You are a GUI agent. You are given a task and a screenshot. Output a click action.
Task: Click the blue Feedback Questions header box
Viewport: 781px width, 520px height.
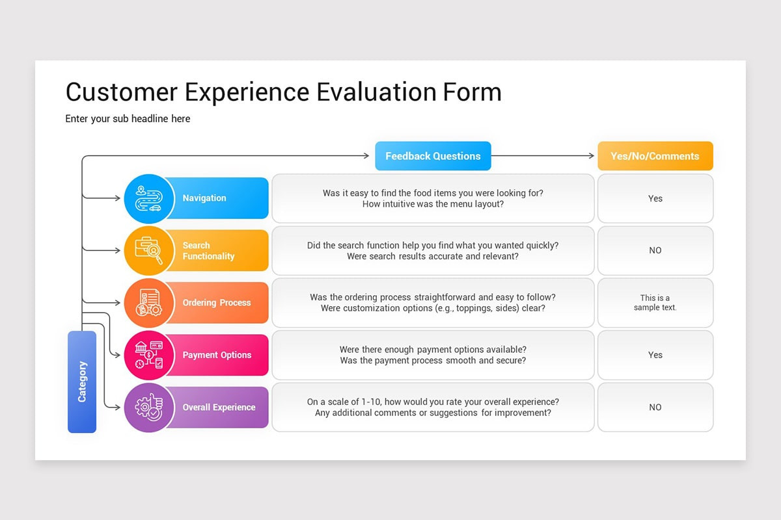tap(433, 156)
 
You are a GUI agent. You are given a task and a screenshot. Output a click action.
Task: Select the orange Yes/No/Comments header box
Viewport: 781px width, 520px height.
tap(655, 156)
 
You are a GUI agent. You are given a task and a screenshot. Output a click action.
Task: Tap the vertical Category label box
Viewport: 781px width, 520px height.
tap(82, 382)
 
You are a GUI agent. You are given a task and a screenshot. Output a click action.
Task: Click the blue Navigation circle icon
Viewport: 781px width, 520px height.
tap(149, 198)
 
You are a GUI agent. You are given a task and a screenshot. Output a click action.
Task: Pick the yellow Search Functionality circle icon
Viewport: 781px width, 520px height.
tap(149, 250)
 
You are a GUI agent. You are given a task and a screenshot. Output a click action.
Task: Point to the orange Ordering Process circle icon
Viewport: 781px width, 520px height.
tap(149, 303)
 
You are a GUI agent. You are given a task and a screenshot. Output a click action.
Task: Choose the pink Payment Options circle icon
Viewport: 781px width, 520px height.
tap(149, 355)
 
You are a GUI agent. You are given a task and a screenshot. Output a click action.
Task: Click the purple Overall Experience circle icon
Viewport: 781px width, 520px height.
tap(149, 408)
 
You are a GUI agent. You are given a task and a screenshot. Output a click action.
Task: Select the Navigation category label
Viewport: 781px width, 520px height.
tap(204, 198)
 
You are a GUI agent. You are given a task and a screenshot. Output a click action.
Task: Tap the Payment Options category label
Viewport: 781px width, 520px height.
tap(217, 355)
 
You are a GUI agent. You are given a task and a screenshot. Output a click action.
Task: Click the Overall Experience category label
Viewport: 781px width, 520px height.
tap(219, 408)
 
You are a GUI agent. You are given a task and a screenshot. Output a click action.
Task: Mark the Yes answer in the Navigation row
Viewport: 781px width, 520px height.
tap(655, 198)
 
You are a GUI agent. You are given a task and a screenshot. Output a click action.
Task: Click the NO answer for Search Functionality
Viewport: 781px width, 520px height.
tap(655, 250)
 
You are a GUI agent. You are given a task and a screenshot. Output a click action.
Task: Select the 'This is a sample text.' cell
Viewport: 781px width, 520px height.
tap(655, 303)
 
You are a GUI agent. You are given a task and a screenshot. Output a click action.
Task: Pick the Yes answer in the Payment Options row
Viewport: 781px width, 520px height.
tap(655, 355)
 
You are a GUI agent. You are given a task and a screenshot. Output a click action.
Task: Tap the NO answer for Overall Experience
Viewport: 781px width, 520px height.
tap(655, 408)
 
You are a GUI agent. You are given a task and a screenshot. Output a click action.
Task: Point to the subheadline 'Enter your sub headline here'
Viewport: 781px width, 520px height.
tap(128, 119)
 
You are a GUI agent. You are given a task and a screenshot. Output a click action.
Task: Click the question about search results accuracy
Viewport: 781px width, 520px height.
tap(433, 256)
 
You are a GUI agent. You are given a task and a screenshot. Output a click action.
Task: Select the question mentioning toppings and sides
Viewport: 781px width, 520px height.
tap(433, 308)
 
